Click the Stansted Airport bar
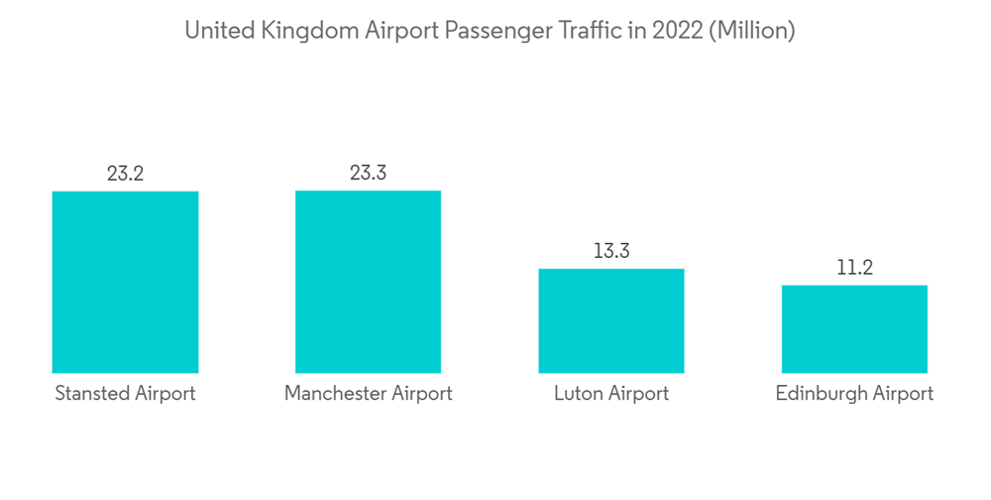click(x=125, y=282)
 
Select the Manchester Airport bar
click(x=368, y=282)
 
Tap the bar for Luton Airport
click(x=611, y=320)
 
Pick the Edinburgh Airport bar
click(x=854, y=329)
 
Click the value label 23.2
click(x=125, y=174)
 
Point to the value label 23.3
click(x=368, y=174)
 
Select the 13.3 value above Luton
click(x=611, y=251)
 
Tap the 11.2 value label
click(x=854, y=268)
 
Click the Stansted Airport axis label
click(x=125, y=394)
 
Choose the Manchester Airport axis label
click(x=368, y=394)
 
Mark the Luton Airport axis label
click(x=611, y=394)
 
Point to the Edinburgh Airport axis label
click(x=854, y=394)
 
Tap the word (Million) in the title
click(x=752, y=32)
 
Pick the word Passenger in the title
click(x=492, y=32)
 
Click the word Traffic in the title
click(x=591, y=32)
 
